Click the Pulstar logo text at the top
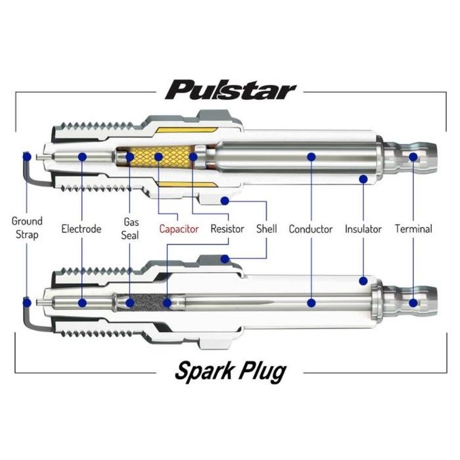tap(230, 89)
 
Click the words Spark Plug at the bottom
tap(230, 371)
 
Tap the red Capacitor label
tap(179, 229)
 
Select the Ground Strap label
tap(27, 228)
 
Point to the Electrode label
tap(81, 229)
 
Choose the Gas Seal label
tap(130, 228)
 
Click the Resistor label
tap(227, 229)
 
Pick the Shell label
tap(266, 229)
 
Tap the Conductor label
tap(311, 229)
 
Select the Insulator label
tap(363, 229)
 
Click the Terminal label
tap(413, 229)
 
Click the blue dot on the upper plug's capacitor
tap(158, 156)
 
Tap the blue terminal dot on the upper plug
tap(413, 157)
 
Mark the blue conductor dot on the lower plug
tap(311, 303)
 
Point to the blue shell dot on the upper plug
tap(225, 200)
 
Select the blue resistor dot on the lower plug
tap(167, 303)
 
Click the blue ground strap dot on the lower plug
tap(27, 302)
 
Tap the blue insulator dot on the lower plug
tap(363, 281)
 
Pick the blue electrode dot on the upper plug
tap(82, 156)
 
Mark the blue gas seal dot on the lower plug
tap(130, 303)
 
